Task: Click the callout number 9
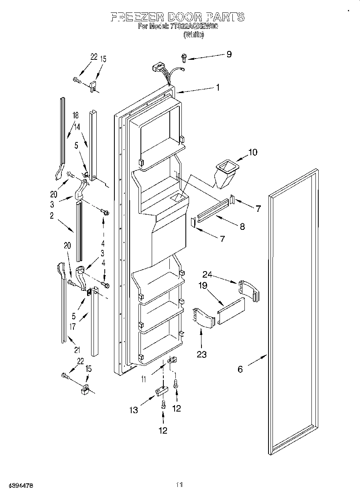(229, 54)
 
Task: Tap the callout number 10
(253, 152)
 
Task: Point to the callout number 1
(218, 87)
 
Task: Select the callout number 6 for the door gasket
(240, 369)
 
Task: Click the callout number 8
(242, 227)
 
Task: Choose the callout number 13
(133, 410)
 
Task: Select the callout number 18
(75, 116)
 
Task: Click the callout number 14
(77, 126)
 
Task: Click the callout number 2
(52, 216)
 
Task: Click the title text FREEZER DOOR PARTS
(177, 17)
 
